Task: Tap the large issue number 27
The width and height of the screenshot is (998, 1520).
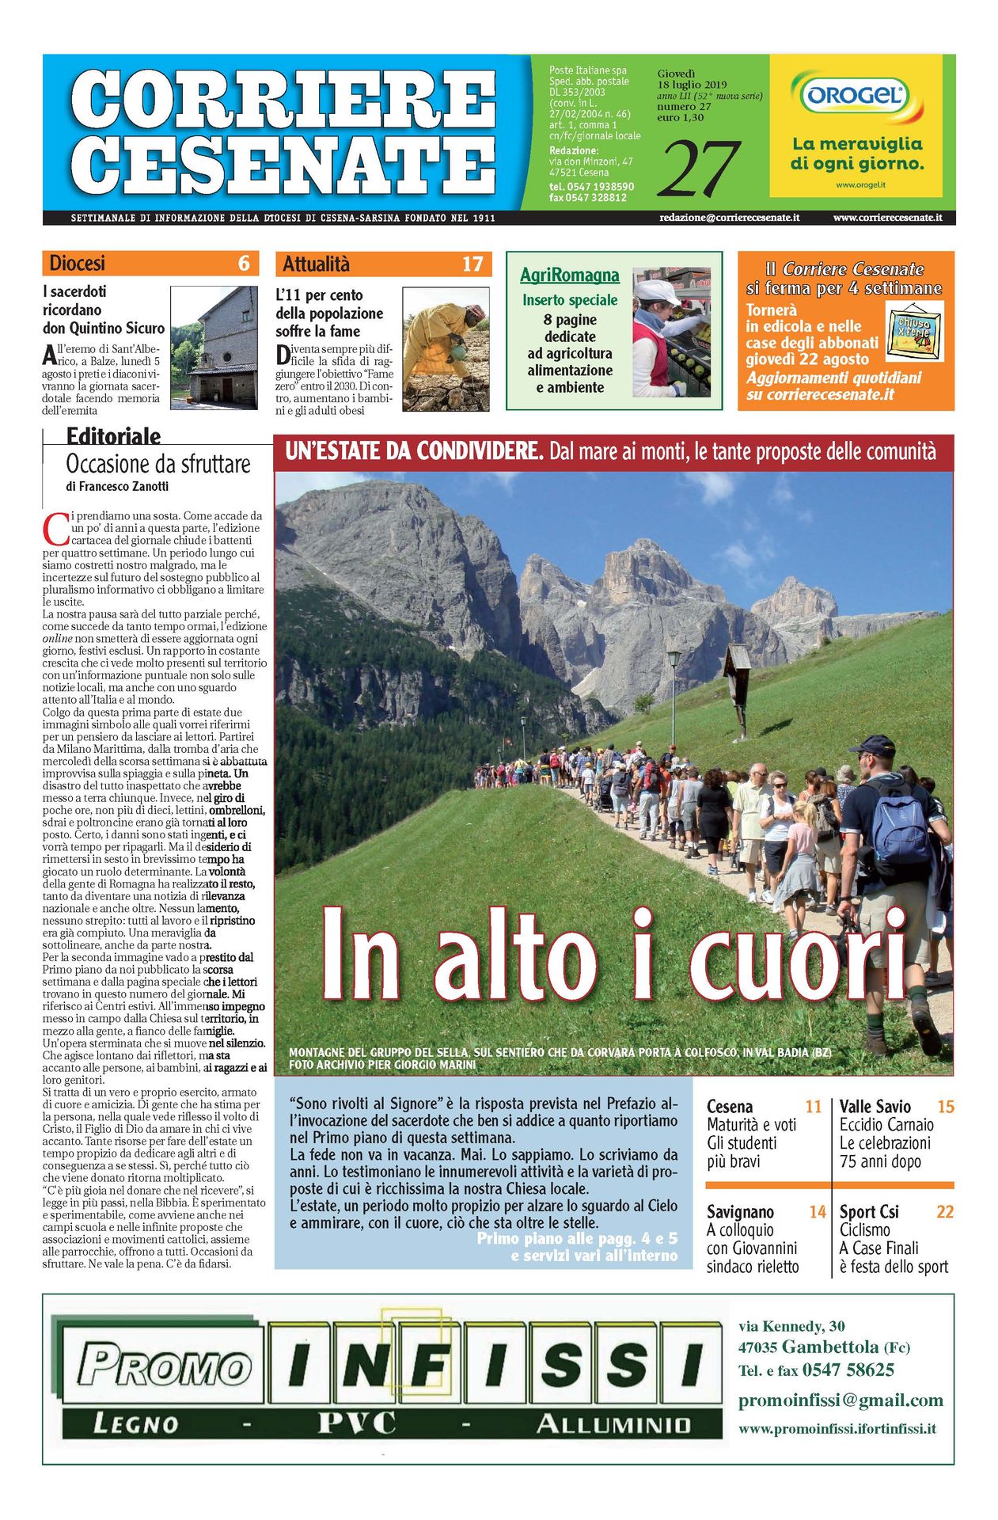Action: (x=699, y=169)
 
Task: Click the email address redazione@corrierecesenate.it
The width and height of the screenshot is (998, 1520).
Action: (x=729, y=218)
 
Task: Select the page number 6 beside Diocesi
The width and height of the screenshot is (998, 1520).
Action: (x=244, y=264)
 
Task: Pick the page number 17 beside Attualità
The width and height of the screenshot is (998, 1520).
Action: (x=472, y=264)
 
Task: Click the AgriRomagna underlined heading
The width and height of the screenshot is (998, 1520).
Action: (x=569, y=275)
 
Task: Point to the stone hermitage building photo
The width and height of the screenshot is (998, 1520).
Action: (x=214, y=348)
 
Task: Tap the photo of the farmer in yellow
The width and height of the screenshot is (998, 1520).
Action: (x=445, y=348)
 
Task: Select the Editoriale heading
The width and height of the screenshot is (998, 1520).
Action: (x=113, y=436)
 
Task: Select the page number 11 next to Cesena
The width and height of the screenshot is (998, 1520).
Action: (x=813, y=1107)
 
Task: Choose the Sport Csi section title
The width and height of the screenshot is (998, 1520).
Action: (x=868, y=1212)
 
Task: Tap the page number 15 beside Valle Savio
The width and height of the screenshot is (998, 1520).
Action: (x=945, y=1107)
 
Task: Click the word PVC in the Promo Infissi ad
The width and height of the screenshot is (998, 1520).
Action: (x=356, y=1423)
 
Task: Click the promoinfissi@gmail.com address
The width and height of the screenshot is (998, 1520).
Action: (x=841, y=1400)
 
